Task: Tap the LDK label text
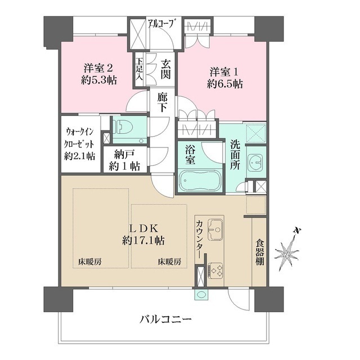tap(143, 229)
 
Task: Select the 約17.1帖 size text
tap(143, 241)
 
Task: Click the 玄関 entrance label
tap(165, 69)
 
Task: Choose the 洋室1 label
tap(224, 72)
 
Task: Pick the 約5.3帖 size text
tap(99, 80)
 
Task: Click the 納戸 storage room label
tap(125, 155)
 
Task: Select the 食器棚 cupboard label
tap(260, 252)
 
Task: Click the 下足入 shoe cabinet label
tap(139, 69)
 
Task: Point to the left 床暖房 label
tap(90, 262)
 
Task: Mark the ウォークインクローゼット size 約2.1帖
tap(79, 156)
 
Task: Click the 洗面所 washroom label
tap(235, 155)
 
